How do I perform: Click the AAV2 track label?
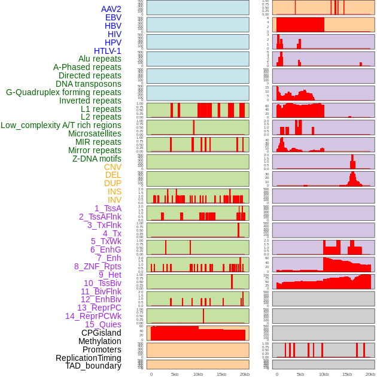111,9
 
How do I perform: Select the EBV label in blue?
113,17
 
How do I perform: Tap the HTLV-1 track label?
107,51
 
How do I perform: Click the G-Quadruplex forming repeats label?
63,92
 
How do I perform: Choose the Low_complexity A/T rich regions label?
61,125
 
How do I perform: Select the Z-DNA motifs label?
97,159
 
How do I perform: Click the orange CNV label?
113,167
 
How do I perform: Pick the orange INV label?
114,200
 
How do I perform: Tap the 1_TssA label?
108,208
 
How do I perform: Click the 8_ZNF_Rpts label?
98,266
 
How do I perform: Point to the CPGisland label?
101,333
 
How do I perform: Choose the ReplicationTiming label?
89,358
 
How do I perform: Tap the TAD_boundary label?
93,366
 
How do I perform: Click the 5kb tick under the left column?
175,374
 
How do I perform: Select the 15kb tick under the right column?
347,374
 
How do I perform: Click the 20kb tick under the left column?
245,374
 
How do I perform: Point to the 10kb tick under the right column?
324,374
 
